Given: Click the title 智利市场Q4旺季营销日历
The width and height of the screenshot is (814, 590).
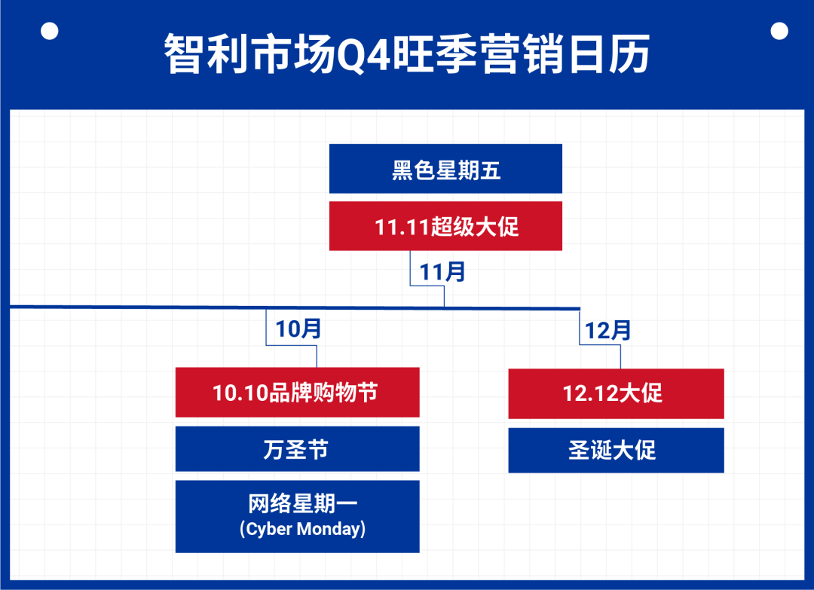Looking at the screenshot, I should (407, 54).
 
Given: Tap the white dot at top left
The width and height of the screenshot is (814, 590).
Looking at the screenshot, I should (50, 31).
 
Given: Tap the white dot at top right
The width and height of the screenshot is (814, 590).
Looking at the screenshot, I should (779, 31).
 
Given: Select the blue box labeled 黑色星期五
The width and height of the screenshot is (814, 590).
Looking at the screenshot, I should (445, 169).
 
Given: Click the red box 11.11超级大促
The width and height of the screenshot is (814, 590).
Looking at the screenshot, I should (445, 226).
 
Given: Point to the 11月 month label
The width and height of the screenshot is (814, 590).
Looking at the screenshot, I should (442, 271).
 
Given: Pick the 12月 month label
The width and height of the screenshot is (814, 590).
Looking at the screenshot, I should (607, 330).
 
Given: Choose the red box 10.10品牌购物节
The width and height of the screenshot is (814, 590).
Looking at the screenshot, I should (297, 393).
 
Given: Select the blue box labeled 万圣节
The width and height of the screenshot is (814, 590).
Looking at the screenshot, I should (297, 449).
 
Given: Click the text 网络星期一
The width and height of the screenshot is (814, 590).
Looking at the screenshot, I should (297, 504).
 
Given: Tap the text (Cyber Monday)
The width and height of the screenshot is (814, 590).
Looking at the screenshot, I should (303, 529).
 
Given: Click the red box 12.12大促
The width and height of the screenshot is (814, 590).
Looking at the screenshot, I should (616, 393).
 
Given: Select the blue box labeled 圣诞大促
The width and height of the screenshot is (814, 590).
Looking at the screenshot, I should (616, 451).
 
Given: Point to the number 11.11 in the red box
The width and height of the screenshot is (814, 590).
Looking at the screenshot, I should (402, 227).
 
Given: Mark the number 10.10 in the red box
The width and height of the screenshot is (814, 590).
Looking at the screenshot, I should (240, 393).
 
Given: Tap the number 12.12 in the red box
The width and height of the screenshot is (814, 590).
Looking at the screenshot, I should (589, 393).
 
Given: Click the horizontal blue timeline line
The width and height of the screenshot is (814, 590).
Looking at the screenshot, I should (151, 307).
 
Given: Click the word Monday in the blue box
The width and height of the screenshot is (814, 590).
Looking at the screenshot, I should (329, 529).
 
